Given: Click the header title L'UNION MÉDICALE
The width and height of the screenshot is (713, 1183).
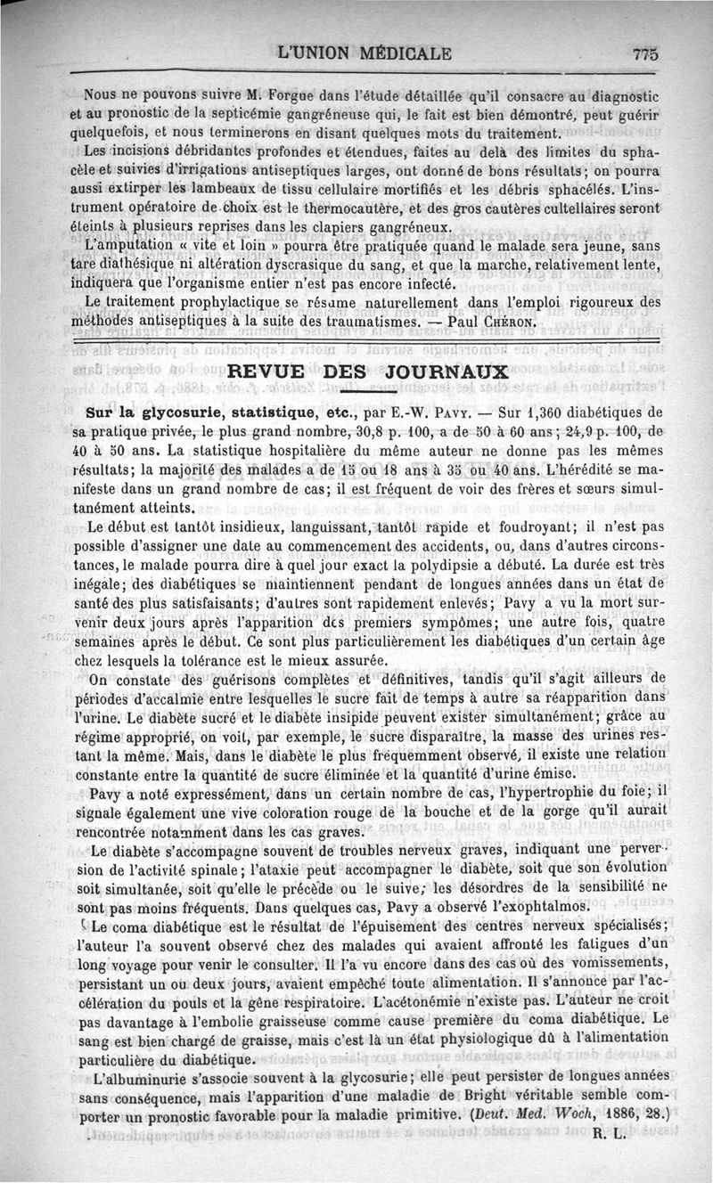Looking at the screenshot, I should (365, 53).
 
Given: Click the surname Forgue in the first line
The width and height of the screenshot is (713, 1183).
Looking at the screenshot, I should (297, 94).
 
